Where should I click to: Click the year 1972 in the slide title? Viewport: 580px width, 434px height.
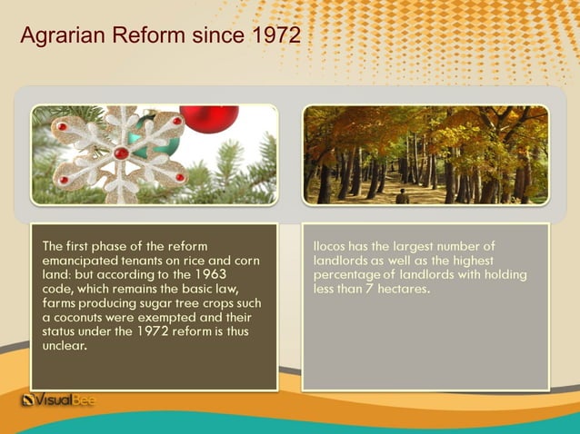point(274,36)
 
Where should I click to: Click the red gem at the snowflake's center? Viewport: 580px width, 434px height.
point(120,153)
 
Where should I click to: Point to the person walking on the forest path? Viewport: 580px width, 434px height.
point(402,196)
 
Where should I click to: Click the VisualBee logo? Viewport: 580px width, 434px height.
point(58,399)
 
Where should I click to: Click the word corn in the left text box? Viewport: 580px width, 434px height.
point(245,261)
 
